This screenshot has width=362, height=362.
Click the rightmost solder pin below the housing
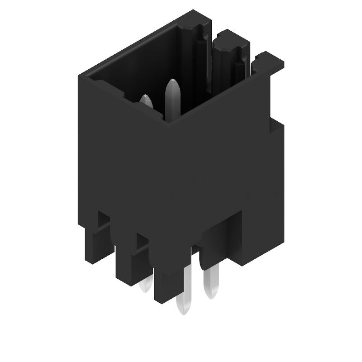211,281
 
